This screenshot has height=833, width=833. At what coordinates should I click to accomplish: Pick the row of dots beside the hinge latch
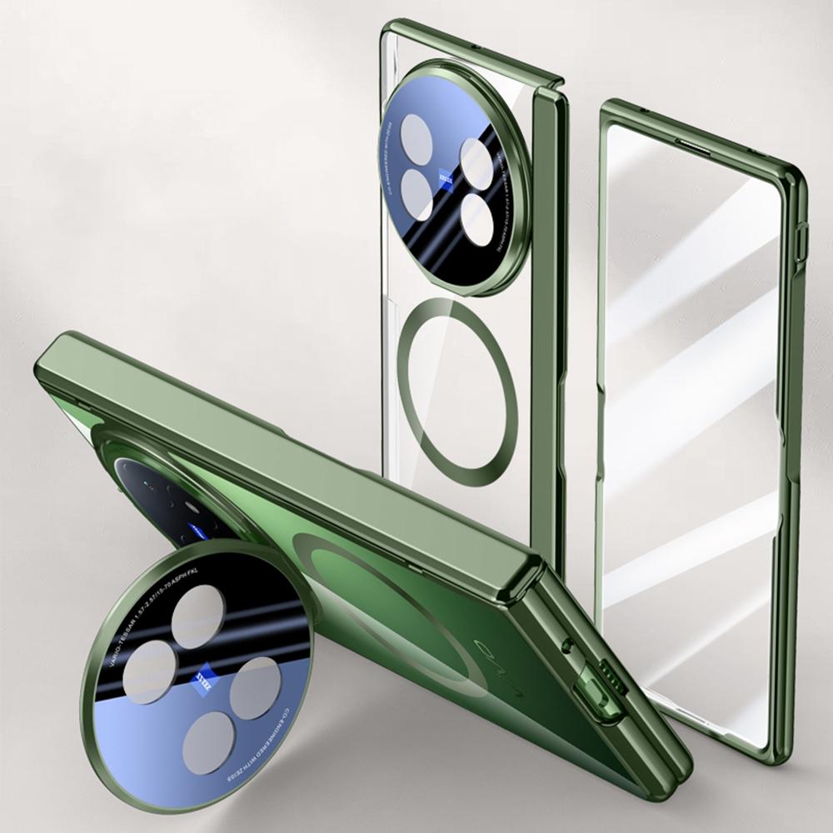[615, 670]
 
